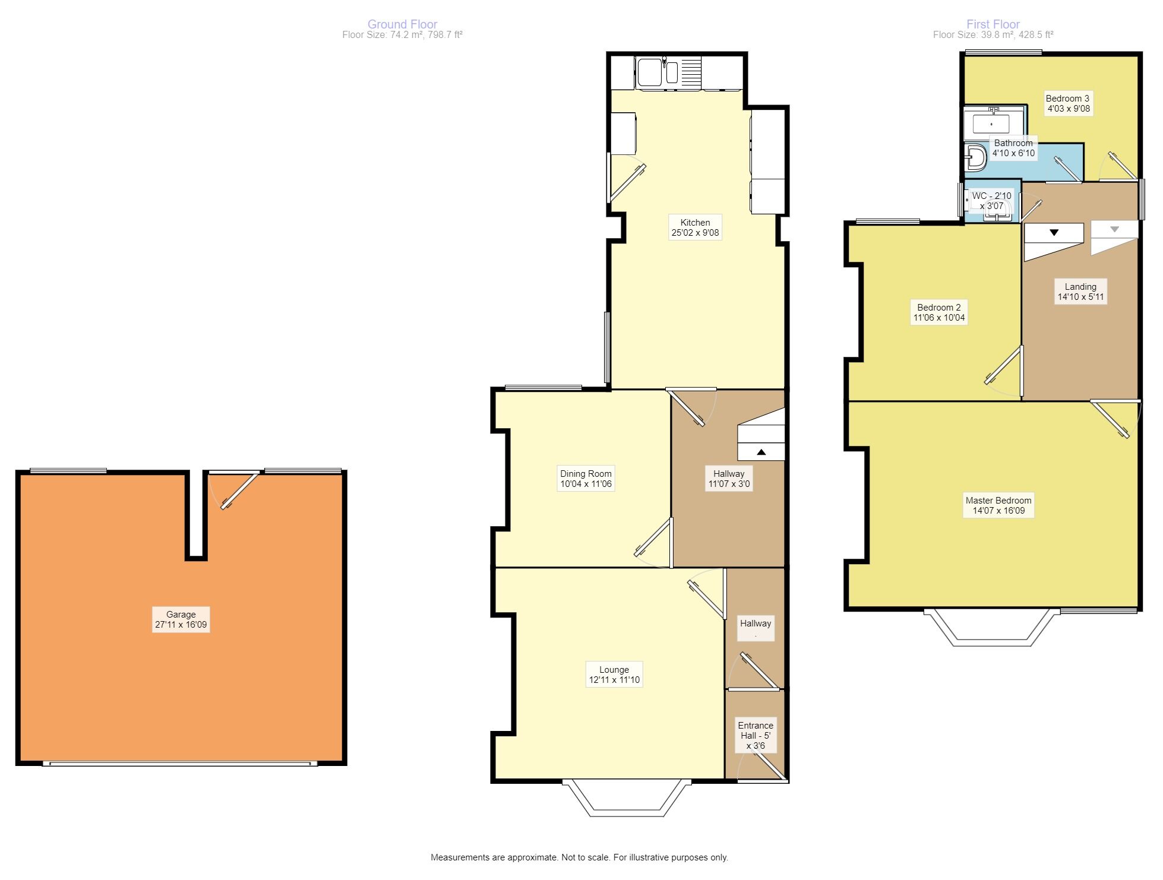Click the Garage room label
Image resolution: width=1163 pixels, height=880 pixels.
point(181,615)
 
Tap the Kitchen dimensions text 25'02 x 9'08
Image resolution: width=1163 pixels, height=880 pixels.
point(695,233)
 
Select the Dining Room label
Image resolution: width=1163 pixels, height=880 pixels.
point(586,474)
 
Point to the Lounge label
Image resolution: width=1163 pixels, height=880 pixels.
point(614,670)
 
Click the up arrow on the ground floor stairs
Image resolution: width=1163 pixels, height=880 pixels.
point(761,452)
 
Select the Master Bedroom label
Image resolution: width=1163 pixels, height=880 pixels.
point(998,501)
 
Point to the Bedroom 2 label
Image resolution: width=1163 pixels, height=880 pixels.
point(938,308)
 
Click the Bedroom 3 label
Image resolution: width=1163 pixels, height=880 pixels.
point(1067,99)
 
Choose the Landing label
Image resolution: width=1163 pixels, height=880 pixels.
point(1080,287)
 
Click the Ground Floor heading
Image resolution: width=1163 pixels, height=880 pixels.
point(402,24)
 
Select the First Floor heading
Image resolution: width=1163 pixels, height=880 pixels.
point(993,24)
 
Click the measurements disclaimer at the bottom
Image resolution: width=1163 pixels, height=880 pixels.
point(579,857)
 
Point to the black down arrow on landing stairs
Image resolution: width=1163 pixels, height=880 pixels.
point(1054,233)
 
